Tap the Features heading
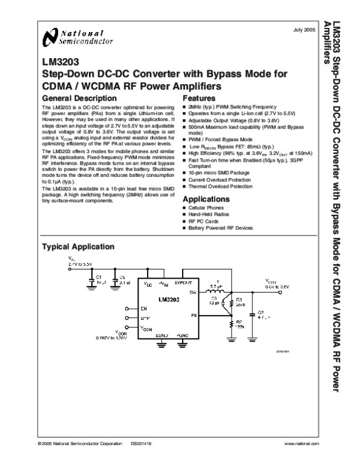pos(198,98)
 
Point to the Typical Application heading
pos(77,247)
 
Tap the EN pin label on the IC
pos(143,308)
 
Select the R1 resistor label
pos(239,300)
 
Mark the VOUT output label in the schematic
pos(272,281)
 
